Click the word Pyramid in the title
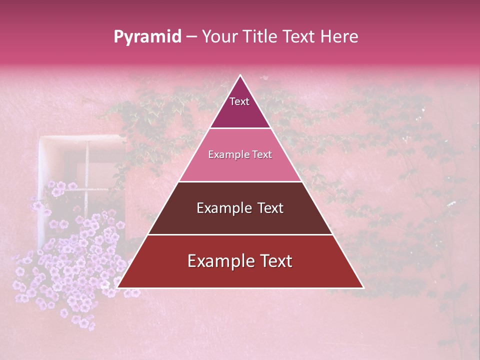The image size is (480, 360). click(147, 37)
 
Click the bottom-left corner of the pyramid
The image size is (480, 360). click(117, 287)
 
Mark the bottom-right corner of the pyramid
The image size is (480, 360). click(363, 287)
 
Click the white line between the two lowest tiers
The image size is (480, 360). click(240, 234)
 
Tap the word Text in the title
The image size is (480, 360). click(300, 37)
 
